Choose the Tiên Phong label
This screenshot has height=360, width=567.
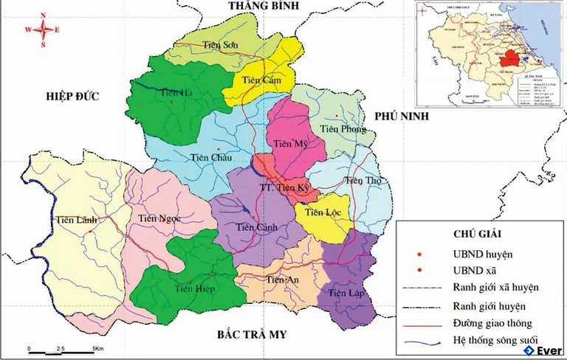point(343,129)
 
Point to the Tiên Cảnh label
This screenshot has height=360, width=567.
point(257,227)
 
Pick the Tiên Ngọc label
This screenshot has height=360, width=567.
point(159,218)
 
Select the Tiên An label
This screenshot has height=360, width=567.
point(282,280)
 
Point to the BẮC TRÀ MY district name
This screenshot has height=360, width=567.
point(251,335)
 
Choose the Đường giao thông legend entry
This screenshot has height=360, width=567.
point(493,323)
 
